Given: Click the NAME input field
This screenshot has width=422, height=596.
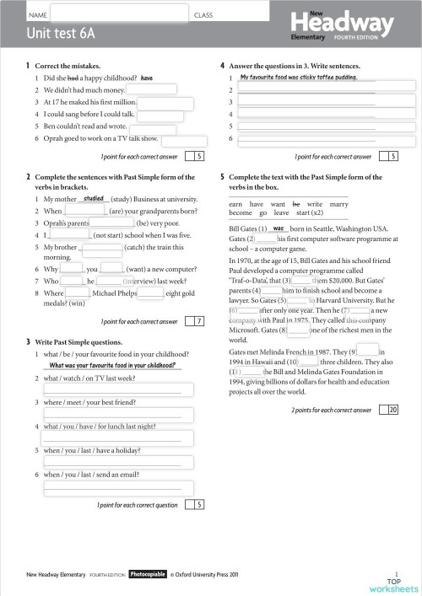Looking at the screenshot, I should (x=118, y=15).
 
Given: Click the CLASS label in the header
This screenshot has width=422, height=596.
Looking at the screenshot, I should (x=203, y=15).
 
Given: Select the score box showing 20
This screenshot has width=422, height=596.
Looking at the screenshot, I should (x=392, y=410).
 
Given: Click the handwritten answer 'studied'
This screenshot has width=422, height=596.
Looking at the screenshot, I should (x=94, y=199).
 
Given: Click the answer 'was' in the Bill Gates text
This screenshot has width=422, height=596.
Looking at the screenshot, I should (x=277, y=228).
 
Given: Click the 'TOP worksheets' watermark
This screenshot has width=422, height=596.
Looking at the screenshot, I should (x=393, y=585).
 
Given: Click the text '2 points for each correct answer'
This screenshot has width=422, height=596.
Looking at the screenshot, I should (x=331, y=410).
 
